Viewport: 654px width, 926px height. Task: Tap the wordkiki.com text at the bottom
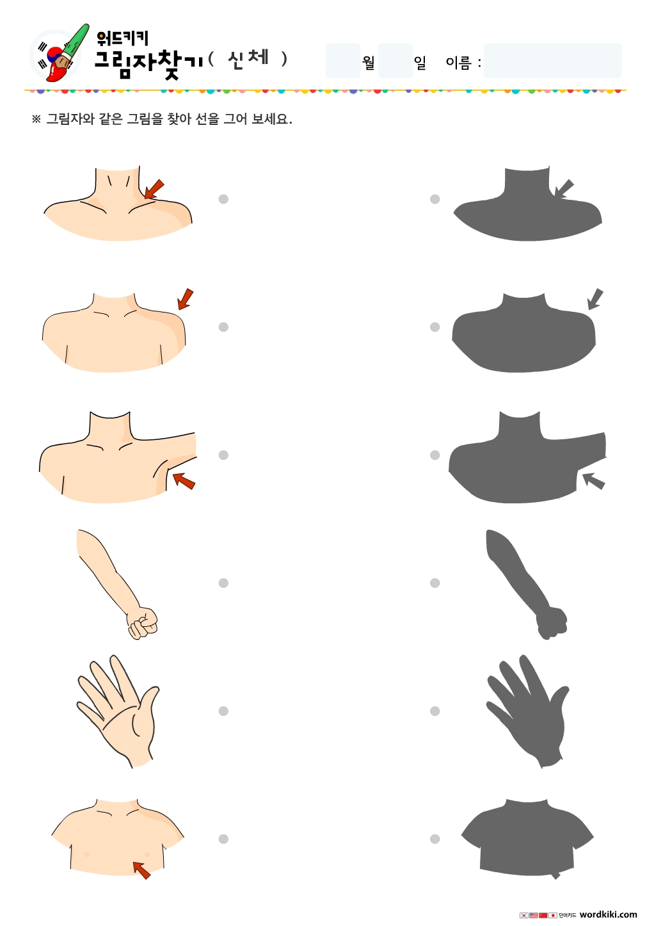pos(608,914)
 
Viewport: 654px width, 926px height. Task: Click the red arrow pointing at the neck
pos(154,190)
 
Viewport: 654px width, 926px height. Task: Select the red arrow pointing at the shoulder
pos(185,299)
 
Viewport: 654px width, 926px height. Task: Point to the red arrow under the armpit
pos(184,481)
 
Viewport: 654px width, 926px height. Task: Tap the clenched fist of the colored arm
pos(143,622)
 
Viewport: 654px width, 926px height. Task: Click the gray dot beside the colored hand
pos(223,711)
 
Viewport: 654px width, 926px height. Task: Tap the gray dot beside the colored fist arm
pos(223,583)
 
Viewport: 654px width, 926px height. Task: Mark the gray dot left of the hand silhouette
pos(435,711)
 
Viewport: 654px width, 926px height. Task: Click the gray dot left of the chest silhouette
pos(435,839)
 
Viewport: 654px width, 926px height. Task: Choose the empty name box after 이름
pos(552,61)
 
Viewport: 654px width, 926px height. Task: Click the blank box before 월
pos(342,61)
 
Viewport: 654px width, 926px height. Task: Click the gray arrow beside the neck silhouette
pos(564,189)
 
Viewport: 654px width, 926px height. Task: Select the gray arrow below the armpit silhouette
pos(594,481)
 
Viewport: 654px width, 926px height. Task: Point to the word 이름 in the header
pos(459,62)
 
